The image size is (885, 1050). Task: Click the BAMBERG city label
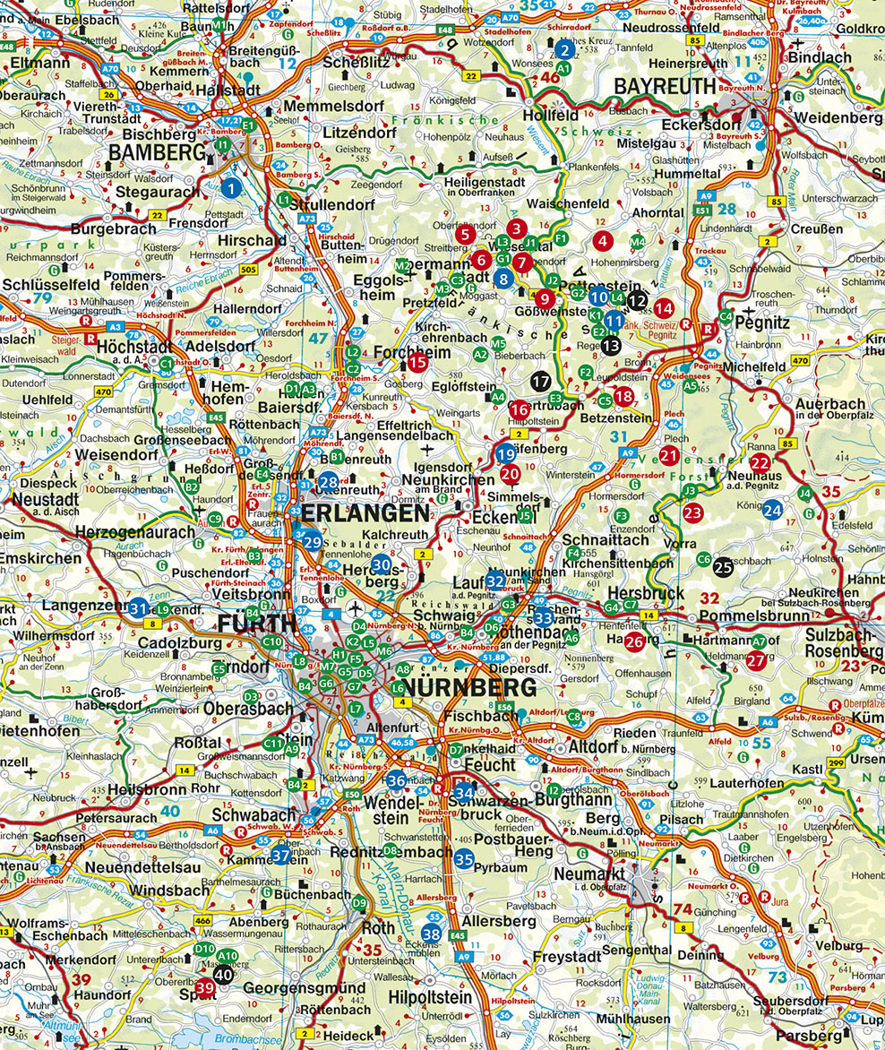click(157, 153)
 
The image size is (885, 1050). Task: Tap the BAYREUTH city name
click(665, 87)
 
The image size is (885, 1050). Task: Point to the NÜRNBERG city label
click(469, 688)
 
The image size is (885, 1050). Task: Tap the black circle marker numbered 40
click(224, 974)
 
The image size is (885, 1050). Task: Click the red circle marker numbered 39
click(205, 988)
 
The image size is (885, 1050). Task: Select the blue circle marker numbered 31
click(138, 608)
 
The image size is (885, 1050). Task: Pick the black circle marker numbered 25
click(723, 565)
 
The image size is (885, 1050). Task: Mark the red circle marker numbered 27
click(756, 660)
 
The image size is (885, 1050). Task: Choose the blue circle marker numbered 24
click(772, 510)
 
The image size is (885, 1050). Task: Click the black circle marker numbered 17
click(539, 380)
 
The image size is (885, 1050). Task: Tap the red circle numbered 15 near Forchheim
click(417, 362)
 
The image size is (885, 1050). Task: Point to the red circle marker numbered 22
click(760, 462)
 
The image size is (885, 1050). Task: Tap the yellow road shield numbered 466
click(203, 920)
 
